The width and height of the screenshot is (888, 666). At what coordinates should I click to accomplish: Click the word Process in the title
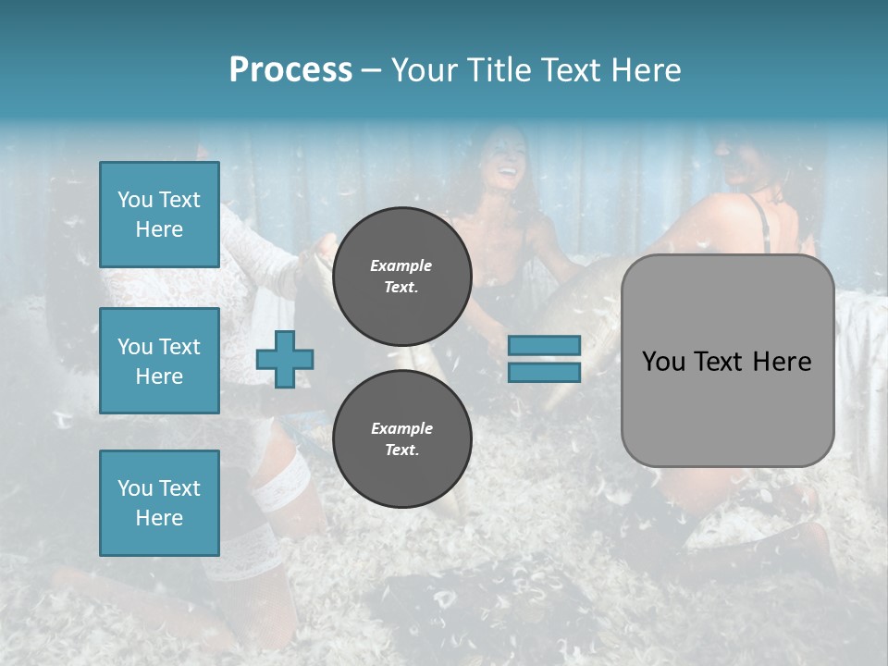290,70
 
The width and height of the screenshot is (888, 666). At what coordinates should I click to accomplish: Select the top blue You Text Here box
159,215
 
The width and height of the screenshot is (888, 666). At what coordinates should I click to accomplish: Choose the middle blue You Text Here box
159,361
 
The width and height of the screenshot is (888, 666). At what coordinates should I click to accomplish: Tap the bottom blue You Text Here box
159,503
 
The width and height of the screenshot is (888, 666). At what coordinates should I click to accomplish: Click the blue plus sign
285,359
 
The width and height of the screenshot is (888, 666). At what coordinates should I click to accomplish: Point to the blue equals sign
544,359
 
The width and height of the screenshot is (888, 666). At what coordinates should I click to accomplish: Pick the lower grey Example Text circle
401,439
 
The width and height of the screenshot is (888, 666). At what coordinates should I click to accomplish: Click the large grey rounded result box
727,407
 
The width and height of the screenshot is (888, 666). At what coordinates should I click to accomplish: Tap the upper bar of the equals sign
544,346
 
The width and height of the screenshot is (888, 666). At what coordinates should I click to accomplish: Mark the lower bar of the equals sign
544,372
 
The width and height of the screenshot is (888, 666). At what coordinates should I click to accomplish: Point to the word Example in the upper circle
401,265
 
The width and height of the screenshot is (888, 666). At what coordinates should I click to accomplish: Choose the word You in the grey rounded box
663,362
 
